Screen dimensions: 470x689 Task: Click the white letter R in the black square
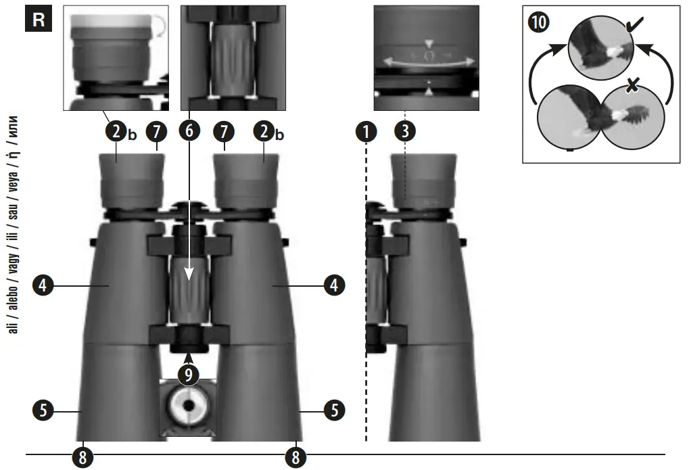39,19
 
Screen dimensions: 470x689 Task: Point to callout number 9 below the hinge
189,373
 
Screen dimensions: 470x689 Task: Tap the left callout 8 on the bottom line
82,456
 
